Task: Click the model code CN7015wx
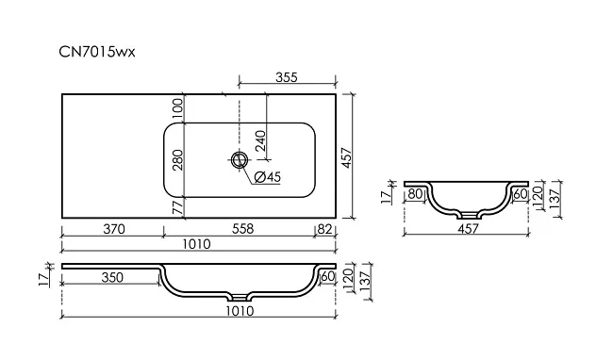pyautogui.click(x=97, y=52)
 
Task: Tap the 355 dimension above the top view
pyautogui.click(x=287, y=77)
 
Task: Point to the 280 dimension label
pyautogui.click(x=177, y=159)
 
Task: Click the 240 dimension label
pyautogui.click(x=260, y=140)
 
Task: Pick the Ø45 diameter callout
pyautogui.click(x=268, y=177)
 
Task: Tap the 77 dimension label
pyautogui.click(x=177, y=207)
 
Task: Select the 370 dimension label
pyautogui.click(x=114, y=229)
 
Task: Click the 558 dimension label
pyautogui.click(x=242, y=229)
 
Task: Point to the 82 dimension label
pyautogui.click(x=324, y=229)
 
